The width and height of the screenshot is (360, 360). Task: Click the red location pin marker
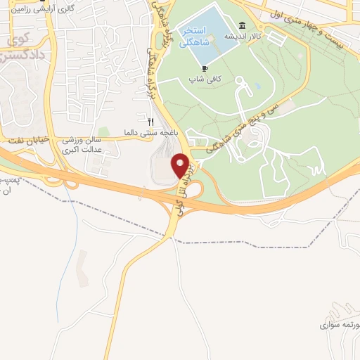tap(181, 165)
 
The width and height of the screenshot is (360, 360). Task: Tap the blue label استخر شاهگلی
tap(193, 37)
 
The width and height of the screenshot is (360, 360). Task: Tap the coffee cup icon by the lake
tap(205, 68)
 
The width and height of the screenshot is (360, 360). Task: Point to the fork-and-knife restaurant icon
tap(150, 122)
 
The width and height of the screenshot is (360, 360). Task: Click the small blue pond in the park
tap(257, 86)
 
